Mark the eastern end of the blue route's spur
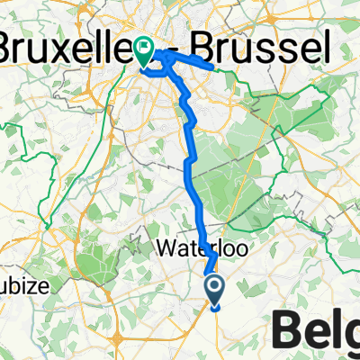tap(212, 66)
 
